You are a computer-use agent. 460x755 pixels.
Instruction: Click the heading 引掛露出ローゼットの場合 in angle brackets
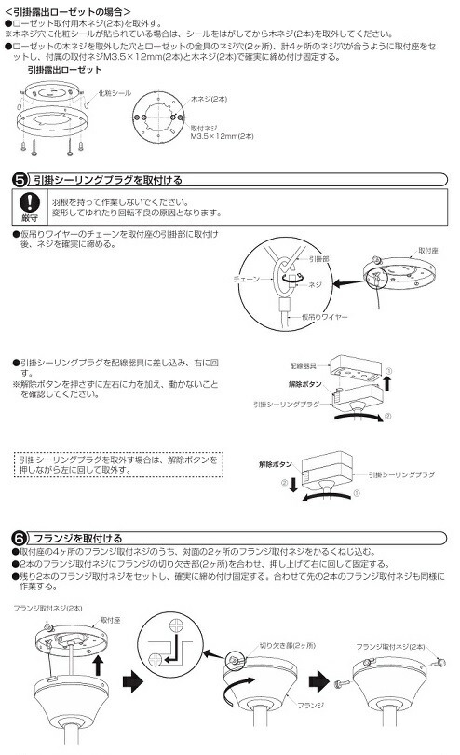click(65, 9)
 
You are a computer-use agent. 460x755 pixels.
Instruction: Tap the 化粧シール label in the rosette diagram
click(114, 93)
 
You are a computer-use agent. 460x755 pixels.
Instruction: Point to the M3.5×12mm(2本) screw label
click(221, 136)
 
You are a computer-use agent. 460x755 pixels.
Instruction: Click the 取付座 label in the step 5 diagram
click(427, 251)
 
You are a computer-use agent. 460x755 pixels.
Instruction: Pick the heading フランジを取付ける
click(76, 537)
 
